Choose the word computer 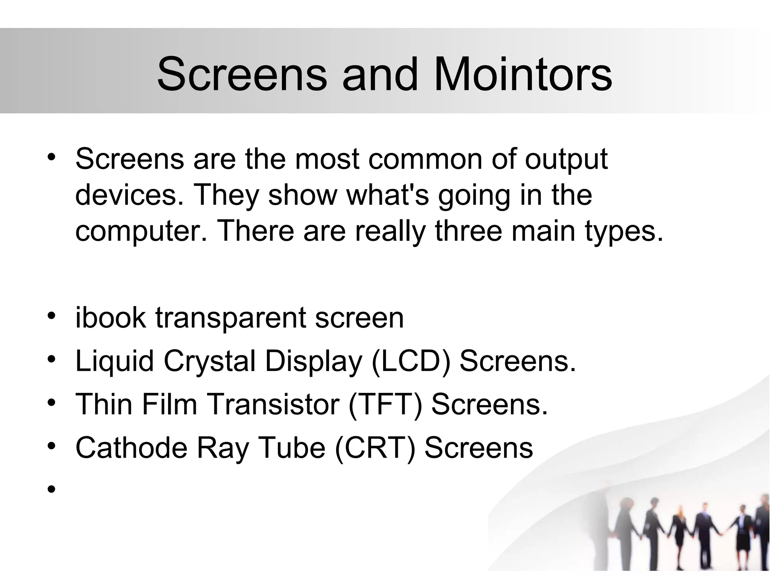141,231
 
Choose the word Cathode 131,448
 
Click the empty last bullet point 52,489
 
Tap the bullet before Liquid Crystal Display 52,360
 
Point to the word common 425,159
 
